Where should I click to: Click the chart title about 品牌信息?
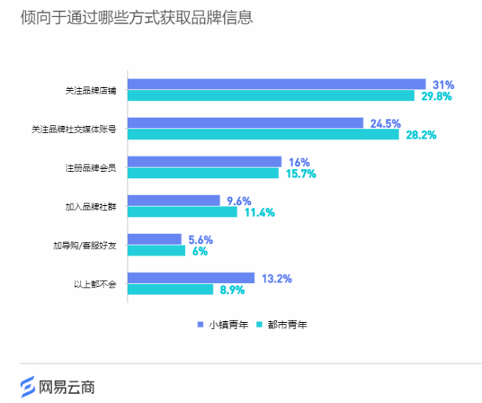click(137, 18)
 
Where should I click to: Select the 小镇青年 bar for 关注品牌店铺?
click(276, 84)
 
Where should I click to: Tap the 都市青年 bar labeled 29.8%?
click(270, 96)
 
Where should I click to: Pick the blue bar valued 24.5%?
click(245, 123)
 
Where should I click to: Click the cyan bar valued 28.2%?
click(262, 135)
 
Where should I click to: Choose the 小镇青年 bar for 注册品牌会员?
click(204, 161)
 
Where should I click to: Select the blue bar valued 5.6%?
click(154, 239)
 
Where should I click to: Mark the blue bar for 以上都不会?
click(191, 278)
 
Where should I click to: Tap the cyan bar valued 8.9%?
click(170, 290)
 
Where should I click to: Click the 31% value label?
click(444, 84)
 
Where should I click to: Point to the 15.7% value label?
click(300, 174)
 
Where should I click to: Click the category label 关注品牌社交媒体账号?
click(80, 129)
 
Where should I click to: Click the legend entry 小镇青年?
click(223, 324)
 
